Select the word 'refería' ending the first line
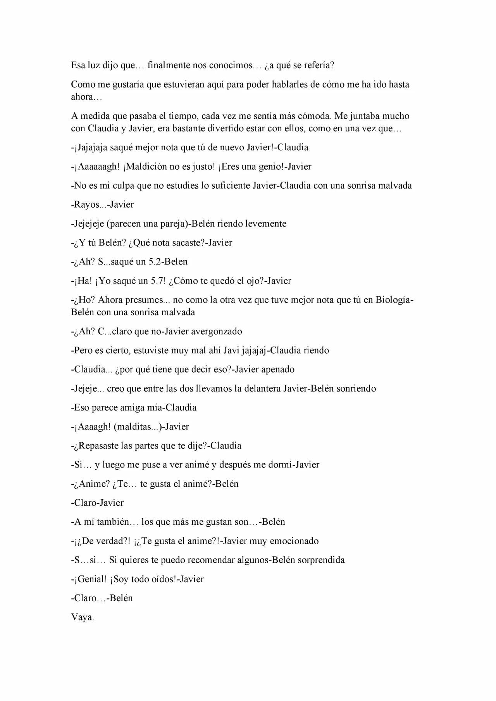click(319, 65)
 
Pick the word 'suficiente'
click(231, 186)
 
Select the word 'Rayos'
click(84, 204)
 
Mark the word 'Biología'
click(393, 300)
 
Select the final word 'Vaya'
click(82, 617)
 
